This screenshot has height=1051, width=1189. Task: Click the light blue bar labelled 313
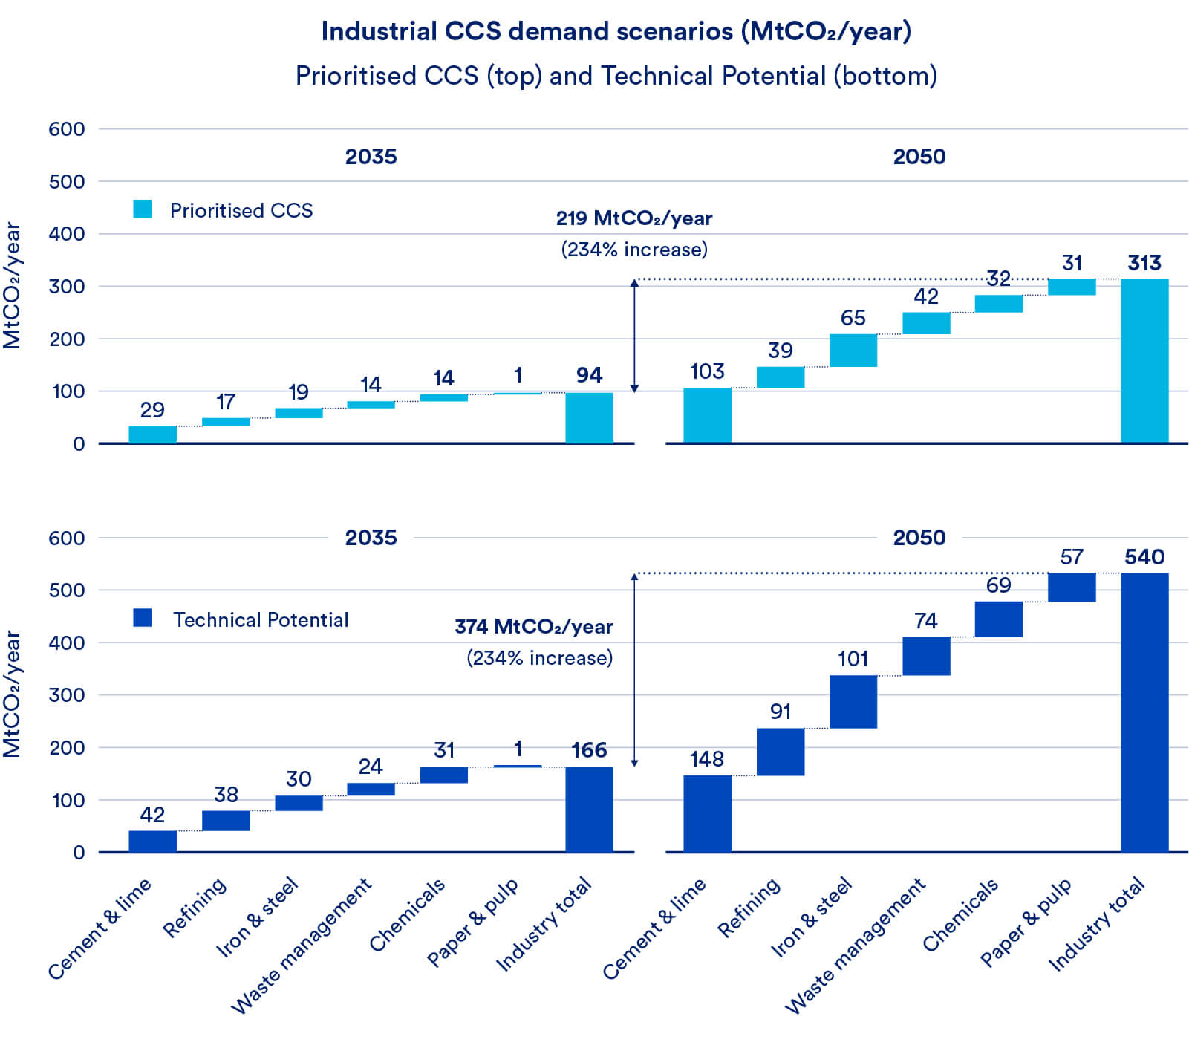1144,361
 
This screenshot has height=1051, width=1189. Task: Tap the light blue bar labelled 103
707,415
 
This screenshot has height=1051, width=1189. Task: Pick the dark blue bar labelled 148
707,813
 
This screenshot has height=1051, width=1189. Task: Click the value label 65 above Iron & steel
853,318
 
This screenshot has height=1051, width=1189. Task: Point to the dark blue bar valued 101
853,701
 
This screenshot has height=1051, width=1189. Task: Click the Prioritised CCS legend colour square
143,209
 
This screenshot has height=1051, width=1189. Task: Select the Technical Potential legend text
260,619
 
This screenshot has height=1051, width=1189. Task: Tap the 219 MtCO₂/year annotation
633,218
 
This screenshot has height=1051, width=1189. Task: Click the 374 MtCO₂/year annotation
533,627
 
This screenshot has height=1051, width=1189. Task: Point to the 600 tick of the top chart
67,129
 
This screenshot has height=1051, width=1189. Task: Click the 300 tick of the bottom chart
67,695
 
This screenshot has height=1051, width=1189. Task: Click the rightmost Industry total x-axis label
1096,924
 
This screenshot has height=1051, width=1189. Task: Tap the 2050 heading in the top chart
919,157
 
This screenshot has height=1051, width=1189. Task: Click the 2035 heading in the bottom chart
371,538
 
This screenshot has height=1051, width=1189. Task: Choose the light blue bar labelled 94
589,417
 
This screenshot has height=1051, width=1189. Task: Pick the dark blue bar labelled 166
589,809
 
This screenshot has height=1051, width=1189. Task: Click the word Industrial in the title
378,31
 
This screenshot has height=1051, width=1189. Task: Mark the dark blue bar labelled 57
1071,587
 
